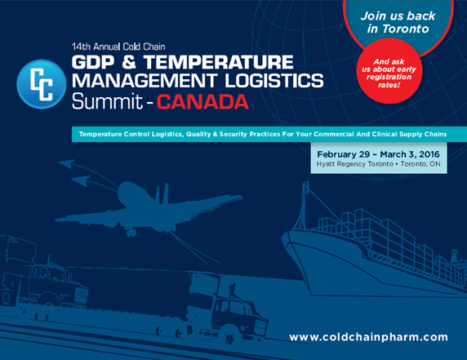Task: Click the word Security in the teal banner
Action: tap(229, 132)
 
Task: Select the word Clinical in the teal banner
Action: tap(371, 132)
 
